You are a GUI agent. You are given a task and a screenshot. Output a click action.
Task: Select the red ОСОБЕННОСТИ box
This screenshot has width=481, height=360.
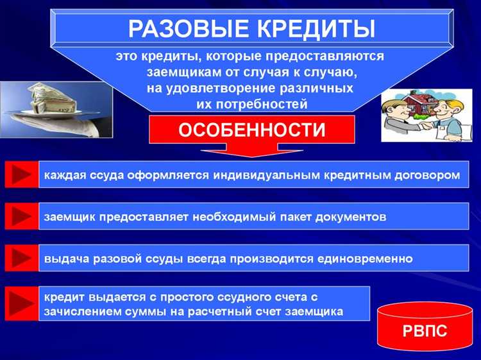coord(251,130)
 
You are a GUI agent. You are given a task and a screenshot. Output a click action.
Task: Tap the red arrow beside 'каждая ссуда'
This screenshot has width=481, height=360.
coord(21,174)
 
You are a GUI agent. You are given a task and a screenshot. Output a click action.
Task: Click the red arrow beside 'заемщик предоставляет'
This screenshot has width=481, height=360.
coord(21,216)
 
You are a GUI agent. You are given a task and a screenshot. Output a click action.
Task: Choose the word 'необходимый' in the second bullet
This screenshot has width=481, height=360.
coord(228,217)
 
